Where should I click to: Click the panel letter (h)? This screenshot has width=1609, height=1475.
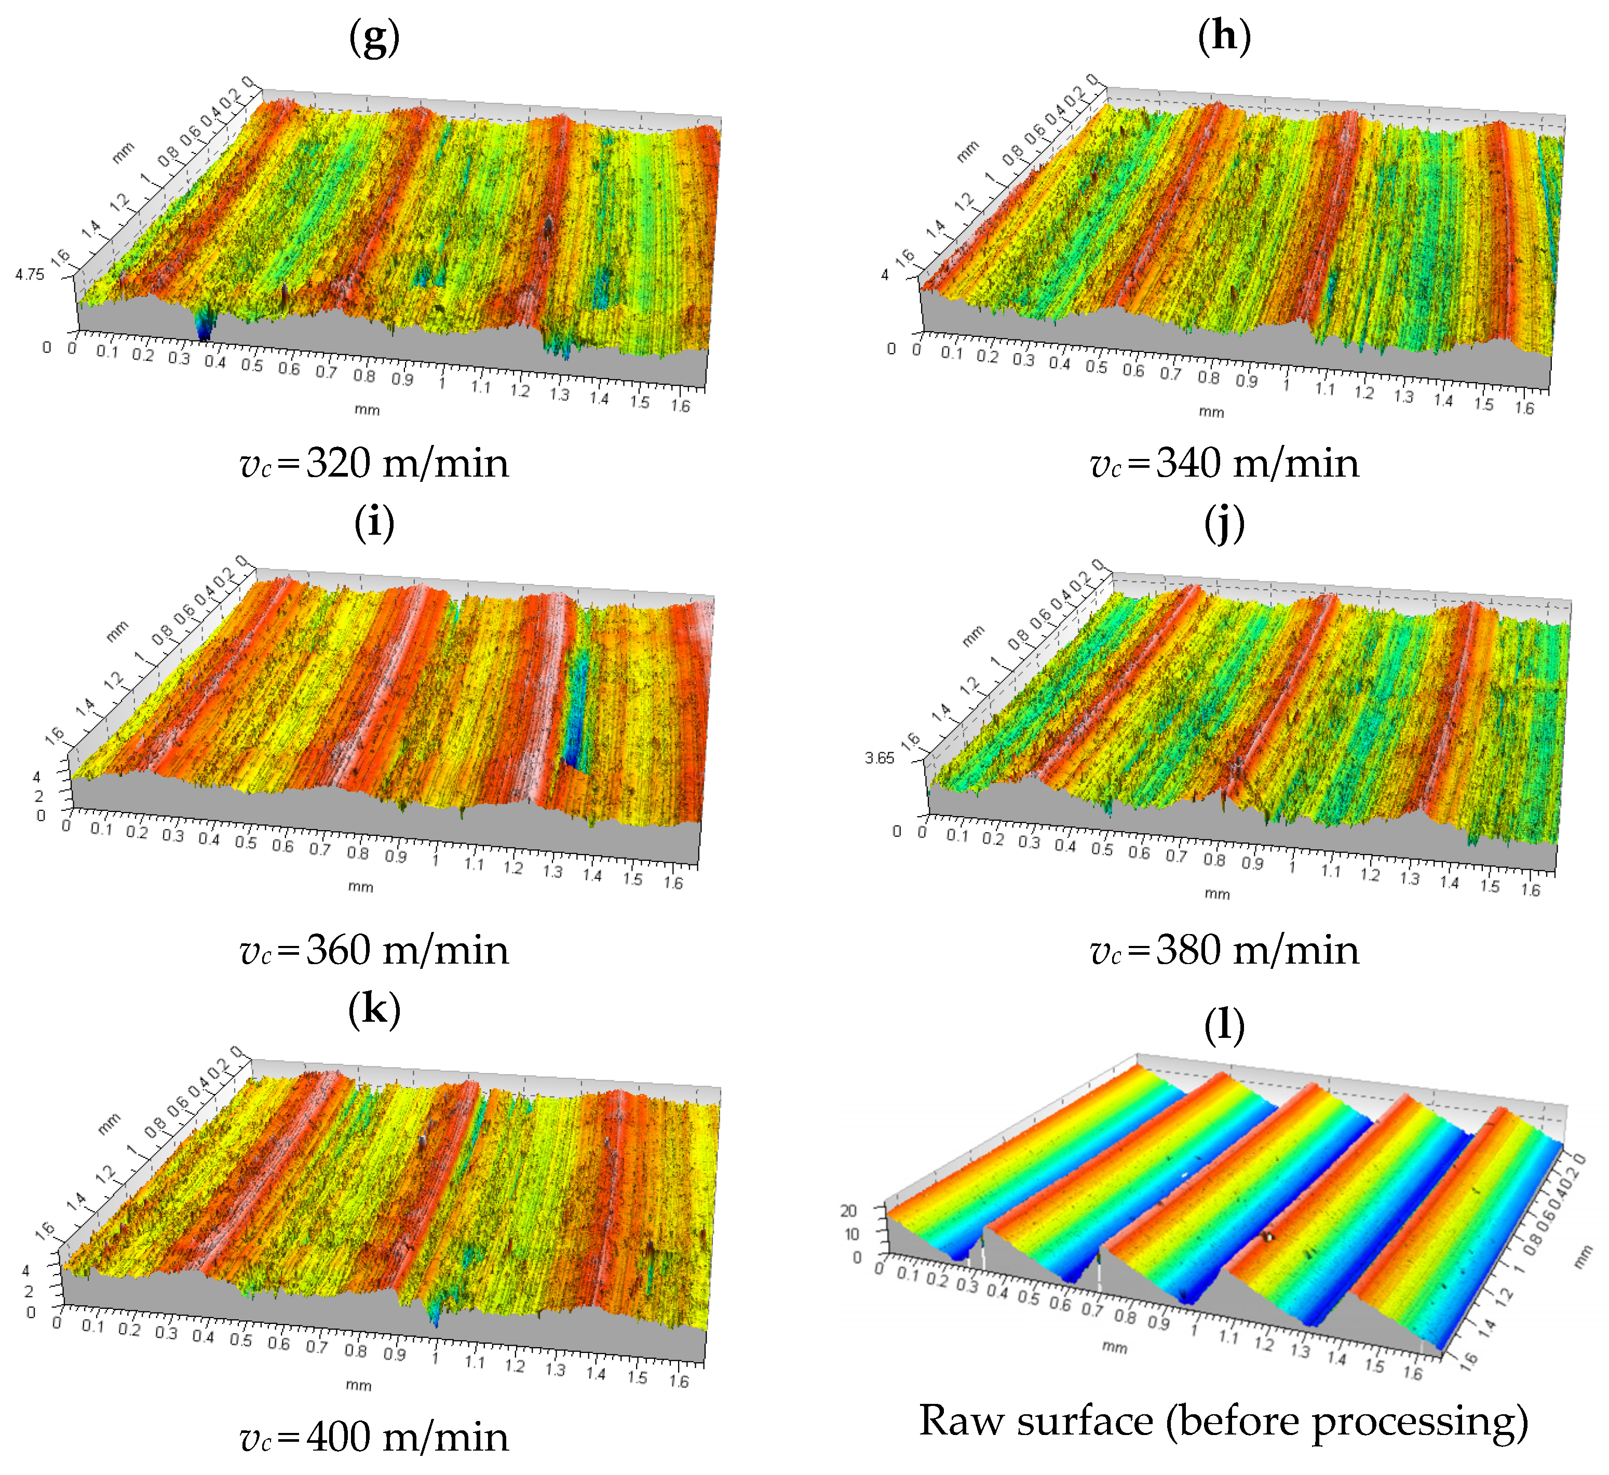[x=1224, y=37]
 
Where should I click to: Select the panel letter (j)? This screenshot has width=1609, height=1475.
[x=1224, y=524]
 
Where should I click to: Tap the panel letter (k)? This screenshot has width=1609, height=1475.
[x=374, y=1010]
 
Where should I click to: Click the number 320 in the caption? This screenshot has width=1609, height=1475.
[x=339, y=463]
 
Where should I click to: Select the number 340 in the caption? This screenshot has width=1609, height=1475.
[x=1189, y=463]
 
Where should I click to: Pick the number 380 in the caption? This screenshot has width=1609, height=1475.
[x=1189, y=950]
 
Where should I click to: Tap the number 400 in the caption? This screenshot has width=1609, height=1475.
[x=339, y=1437]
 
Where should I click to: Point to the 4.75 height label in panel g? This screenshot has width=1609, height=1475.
[x=30, y=275]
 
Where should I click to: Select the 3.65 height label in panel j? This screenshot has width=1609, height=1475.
[x=880, y=758]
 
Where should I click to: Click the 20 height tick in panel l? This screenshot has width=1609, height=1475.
[x=848, y=1211]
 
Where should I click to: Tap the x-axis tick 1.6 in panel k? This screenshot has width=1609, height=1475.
[x=679, y=1381]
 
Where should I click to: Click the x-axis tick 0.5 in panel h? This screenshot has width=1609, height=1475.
[x=1096, y=367]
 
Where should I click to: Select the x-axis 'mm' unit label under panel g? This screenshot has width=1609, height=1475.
[x=367, y=410]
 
